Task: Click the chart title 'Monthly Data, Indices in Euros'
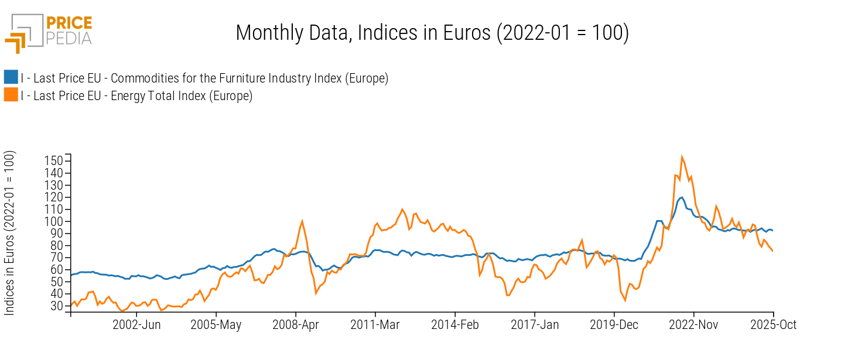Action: pyautogui.click(x=432, y=33)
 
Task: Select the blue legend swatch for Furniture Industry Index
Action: pyautogui.click(x=11, y=77)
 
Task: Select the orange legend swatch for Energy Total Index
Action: pyautogui.click(x=11, y=95)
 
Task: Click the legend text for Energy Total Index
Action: pyautogui.click(x=136, y=95)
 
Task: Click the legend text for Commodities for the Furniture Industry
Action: pyautogui.click(x=204, y=78)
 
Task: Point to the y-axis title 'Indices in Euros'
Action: pyautogui.click(x=10, y=233)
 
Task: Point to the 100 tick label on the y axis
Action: pyautogui.click(x=55, y=221)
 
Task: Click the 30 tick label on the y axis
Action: pyautogui.click(x=57, y=306)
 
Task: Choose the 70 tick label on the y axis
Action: pyautogui.click(x=57, y=258)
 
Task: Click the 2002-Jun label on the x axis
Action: pyautogui.click(x=137, y=325)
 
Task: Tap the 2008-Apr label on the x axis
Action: pyautogui.click(x=296, y=325)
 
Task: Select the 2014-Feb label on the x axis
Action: pyautogui.click(x=455, y=325)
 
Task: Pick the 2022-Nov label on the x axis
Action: pyautogui.click(x=694, y=325)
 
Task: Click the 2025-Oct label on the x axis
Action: pyautogui.click(x=773, y=325)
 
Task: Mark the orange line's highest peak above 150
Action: pyautogui.click(x=682, y=157)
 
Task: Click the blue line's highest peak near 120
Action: pyautogui.click(x=682, y=197)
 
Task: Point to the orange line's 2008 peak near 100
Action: pyautogui.click(x=302, y=221)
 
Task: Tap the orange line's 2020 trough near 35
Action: pyautogui.click(x=625, y=300)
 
